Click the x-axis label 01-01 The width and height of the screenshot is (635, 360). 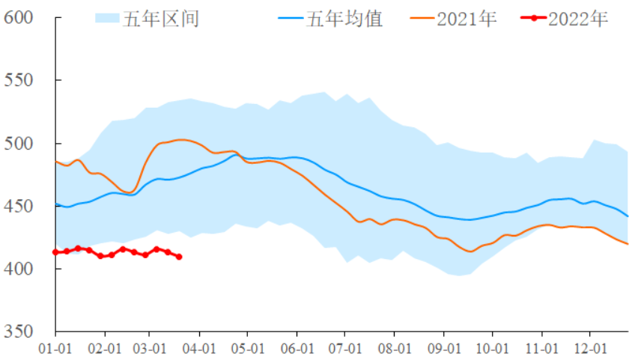(x=55, y=349)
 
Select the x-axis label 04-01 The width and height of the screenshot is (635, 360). (x=200, y=349)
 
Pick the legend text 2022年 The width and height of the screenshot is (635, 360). (x=578, y=19)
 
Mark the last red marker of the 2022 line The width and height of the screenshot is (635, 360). (x=179, y=257)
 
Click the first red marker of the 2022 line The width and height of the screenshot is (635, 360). (x=55, y=252)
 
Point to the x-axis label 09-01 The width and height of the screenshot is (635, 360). (x=444, y=349)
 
